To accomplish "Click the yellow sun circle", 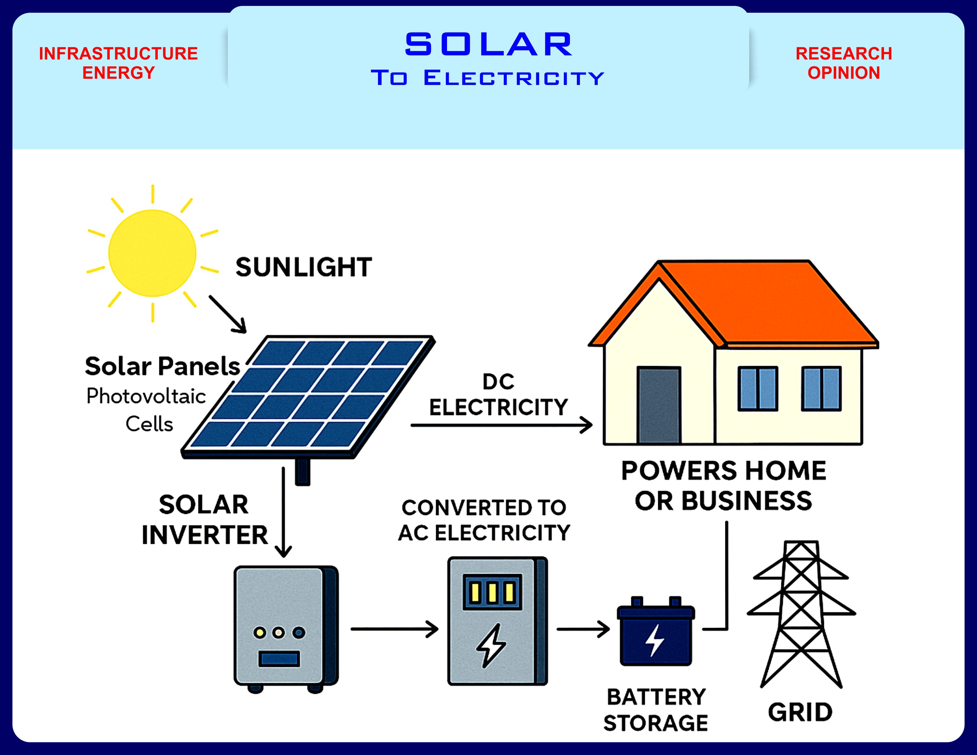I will click(152, 253).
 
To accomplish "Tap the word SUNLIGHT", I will click(304, 267).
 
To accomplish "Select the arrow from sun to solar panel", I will click(228, 314).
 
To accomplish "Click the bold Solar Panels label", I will click(162, 366).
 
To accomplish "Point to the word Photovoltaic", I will click(146, 396).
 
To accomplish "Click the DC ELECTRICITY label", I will click(498, 395).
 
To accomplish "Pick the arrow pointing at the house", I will click(501, 425).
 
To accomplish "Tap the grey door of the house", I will click(658, 405).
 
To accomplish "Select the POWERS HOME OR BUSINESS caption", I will click(723, 486).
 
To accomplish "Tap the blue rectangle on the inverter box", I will click(279, 658).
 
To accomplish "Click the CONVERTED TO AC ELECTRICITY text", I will click(484, 520).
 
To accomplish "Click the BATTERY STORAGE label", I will click(656, 710).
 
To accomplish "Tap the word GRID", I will click(800, 712).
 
